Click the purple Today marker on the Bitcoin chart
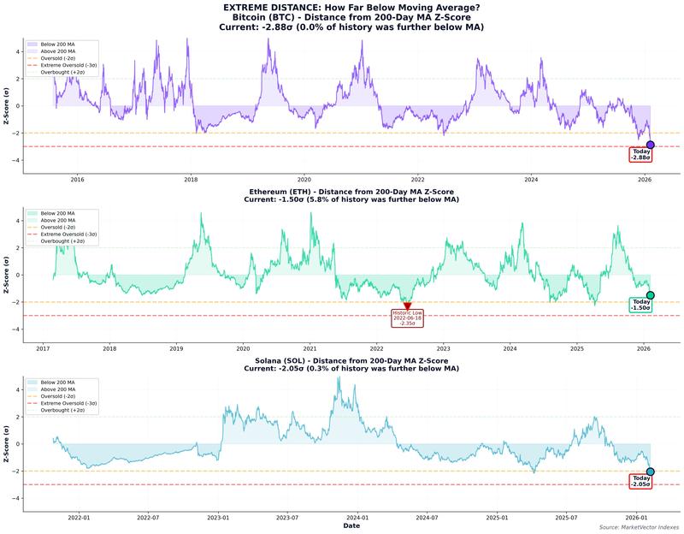651,145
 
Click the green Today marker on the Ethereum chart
651,295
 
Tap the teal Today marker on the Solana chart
651,472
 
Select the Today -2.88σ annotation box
640,155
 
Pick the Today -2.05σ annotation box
640,481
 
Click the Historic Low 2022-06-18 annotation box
407,318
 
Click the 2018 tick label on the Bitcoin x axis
191,180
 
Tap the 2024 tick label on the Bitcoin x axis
532,180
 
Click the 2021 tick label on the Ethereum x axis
310,349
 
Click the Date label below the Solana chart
351,527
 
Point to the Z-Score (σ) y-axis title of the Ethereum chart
7,275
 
